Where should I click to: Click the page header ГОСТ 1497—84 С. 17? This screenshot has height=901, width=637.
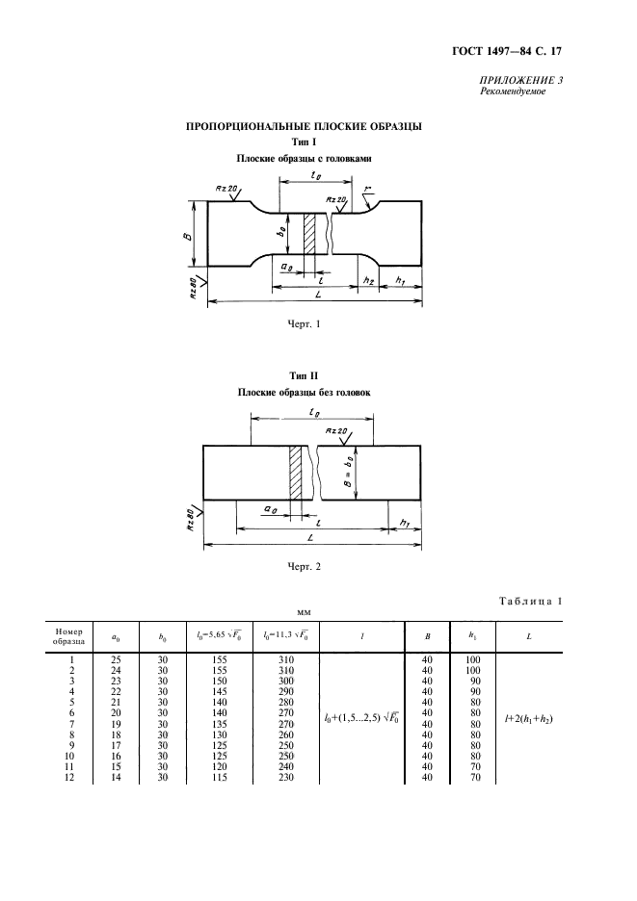point(507,51)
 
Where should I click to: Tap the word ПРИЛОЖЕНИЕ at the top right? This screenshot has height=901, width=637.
point(511,81)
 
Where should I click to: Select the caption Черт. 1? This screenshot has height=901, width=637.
point(304,324)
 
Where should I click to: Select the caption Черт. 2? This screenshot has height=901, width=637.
point(304,567)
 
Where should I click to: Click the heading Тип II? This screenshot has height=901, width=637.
point(304,375)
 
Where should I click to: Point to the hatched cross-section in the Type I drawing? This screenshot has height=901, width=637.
point(309,234)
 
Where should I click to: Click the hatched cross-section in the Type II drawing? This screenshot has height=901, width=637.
point(296,473)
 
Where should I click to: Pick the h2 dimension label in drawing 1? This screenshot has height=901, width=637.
point(369,280)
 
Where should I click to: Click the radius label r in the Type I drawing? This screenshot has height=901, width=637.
point(367,190)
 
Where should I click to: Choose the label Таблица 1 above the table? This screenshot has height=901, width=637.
point(530,601)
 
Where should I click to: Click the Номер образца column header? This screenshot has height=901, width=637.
point(69,636)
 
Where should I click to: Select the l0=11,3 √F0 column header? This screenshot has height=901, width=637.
point(285,636)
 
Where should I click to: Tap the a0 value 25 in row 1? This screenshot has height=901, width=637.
point(116,659)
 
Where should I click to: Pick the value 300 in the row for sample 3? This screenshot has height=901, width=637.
point(285,681)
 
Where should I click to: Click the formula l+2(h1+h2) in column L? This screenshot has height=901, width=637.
point(529,718)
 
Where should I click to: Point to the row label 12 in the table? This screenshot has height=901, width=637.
point(69,778)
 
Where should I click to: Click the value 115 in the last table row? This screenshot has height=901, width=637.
point(219,778)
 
